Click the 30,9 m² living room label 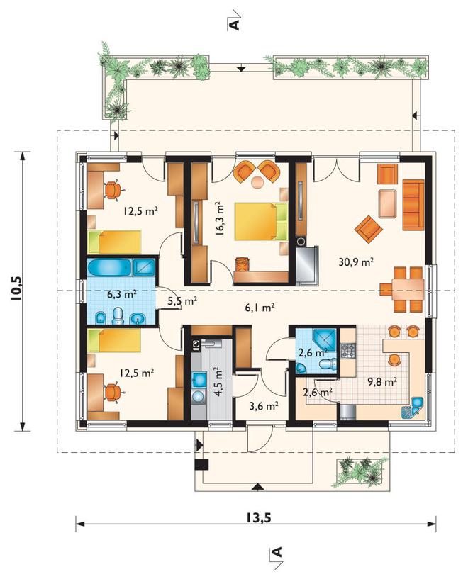pyautogui.click(x=356, y=262)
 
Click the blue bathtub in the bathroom pyautogui.click(x=109, y=267)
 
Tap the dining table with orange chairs pyautogui.click(x=402, y=289)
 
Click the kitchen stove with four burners pyautogui.click(x=347, y=351)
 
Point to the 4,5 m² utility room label pyautogui.click(x=218, y=381)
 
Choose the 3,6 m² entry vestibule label pyautogui.click(x=263, y=406)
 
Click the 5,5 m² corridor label pyautogui.click(x=182, y=301)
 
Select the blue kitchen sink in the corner pyautogui.click(x=417, y=402)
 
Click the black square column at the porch pyautogui.click(x=201, y=464)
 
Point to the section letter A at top pyautogui.click(x=234, y=24)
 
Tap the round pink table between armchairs pyautogui.click(x=257, y=181)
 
